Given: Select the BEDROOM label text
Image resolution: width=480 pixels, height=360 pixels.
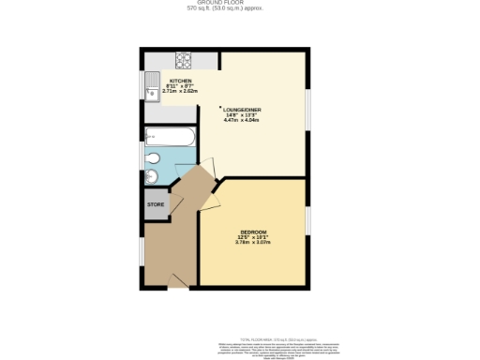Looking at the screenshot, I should point(253,232).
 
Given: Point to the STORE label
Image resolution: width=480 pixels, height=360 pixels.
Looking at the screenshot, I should point(155,203).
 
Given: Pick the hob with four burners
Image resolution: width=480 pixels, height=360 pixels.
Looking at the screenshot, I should point(182,62).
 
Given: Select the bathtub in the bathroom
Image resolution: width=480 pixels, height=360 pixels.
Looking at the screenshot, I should point(170,139).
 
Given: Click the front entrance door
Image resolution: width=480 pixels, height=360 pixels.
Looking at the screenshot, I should point(177,280).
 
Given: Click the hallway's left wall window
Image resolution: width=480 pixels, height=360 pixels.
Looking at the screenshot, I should point(142,250).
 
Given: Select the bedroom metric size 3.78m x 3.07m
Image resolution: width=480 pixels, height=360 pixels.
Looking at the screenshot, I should point(253,242).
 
